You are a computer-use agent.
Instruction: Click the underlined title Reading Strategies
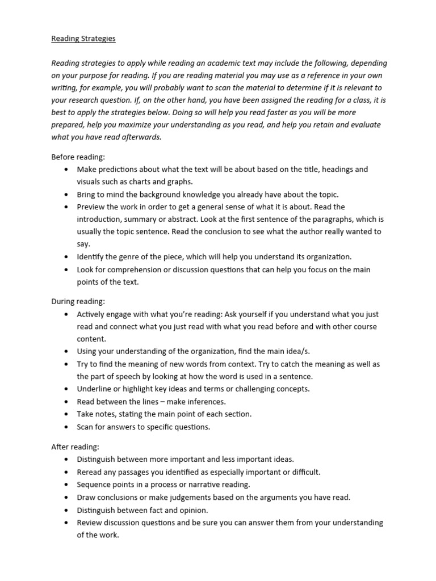pyautogui.click(x=83, y=39)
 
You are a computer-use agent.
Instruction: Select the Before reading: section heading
pyautogui.click(x=78, y=157)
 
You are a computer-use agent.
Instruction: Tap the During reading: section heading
pyautogui.click(x=78, y=301)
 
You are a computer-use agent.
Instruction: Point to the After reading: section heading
pyautogui.click(x=76, y=447)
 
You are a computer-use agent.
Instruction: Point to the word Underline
pyautogui.click(x=94, y=389)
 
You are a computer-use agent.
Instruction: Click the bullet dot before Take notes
pyautogui.click(x=66, y=414)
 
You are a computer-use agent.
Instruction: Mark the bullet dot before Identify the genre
pyautogui.click(x=66, y=256)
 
